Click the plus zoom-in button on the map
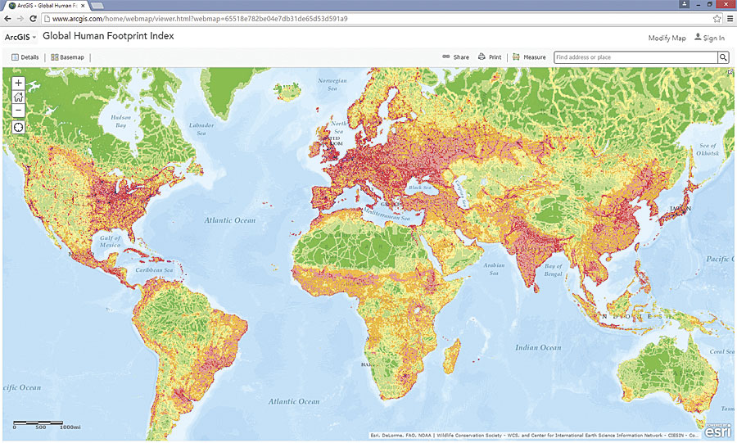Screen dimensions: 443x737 (x=19, y=83)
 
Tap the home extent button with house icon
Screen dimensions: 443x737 (x=19, y=97)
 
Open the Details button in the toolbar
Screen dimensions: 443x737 (x=25, y=57)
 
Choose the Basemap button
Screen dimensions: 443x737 (x=67, y=57)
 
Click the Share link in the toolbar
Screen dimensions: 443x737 (x=456, y=57)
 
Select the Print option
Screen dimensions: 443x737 (x=490, y=57)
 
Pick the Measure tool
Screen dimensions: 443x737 (x=529, y=57)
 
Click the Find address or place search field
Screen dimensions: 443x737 (x=635, y=57)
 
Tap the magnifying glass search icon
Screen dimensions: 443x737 (x=723, y=57)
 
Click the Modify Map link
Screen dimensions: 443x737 (x=667, y=38)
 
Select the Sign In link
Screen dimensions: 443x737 (x=709, y=38)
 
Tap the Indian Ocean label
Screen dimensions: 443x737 (x=538, y=347)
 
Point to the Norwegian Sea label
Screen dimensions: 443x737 (x=332, y=84)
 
